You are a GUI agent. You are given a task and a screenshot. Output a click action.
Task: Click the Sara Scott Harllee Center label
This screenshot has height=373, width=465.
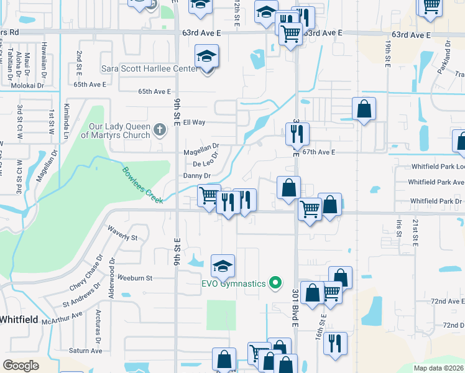[x=149, y=69]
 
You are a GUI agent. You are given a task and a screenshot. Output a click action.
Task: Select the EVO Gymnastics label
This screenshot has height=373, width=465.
[x=233, y=283]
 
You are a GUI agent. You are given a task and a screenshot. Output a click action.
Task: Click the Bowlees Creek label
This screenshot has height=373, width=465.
[x=142, y=185]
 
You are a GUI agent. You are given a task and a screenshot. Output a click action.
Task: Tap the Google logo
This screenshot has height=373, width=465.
[x=21, y=366]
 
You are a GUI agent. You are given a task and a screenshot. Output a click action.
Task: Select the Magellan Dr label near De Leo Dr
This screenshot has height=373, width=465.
[x=201, y=150]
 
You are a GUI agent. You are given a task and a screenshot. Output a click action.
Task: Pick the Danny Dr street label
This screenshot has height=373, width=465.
[x=197, y=176]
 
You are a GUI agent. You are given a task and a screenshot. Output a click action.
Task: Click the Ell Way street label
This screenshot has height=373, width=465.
[x=194, y=122]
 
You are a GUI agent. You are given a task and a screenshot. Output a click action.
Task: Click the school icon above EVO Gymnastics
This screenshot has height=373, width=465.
[x=223, y=266]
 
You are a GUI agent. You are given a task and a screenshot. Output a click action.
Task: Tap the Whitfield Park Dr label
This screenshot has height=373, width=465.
[x=436, y=201]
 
